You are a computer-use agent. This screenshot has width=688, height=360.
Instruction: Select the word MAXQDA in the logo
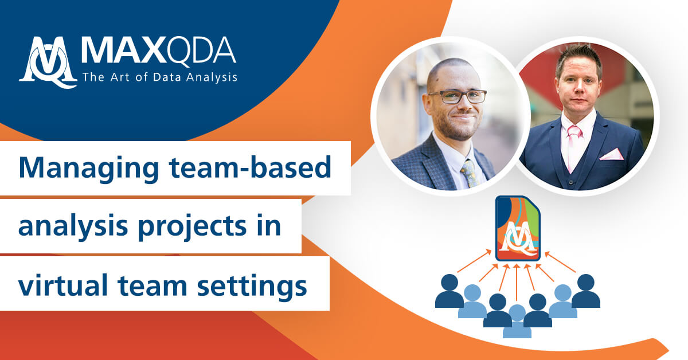pyautogui.click(x=158, y=52)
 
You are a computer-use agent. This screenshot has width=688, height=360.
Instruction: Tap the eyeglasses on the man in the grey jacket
pyautogui.click(x=457, y=97)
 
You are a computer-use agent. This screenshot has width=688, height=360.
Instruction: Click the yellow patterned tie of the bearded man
pyautogui.click(x=468, y=173)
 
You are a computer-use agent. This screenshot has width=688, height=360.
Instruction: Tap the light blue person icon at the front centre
pyautogui.click(x=517, y=322)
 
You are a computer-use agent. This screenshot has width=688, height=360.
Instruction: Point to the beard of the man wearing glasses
pyautogui.click(x=456, y=127)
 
